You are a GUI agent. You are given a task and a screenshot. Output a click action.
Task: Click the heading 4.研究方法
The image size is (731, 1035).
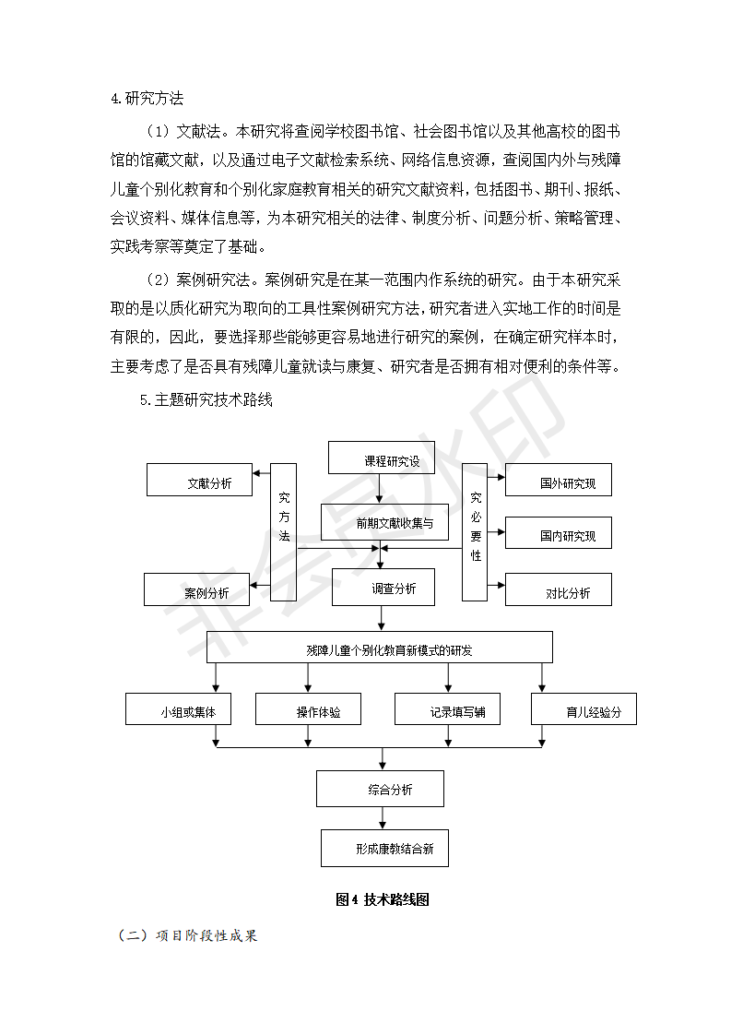tap(147, 99)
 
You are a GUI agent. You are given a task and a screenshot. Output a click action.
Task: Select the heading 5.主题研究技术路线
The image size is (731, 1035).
tap(206, 400)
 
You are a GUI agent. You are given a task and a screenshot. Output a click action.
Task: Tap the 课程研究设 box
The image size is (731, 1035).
tap(382, 458)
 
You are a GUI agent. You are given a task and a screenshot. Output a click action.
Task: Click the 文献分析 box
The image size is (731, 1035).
tap(199, 480)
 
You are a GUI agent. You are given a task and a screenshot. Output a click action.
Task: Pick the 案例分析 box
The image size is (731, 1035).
tap(196, 589)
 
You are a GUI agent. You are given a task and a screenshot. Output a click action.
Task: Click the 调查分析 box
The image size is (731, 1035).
tap(383, 588)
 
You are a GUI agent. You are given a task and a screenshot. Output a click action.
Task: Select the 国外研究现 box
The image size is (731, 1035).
tap(558, 480)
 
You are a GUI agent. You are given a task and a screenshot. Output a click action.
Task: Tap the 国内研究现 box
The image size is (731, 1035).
tap(558, 532)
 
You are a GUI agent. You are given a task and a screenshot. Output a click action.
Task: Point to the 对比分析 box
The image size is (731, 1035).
tap(558, 589)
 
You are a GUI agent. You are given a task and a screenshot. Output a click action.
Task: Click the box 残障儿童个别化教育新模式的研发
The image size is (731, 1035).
tap(380, 648)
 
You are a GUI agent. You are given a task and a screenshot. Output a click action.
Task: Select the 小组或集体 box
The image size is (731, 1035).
tap(178, 709)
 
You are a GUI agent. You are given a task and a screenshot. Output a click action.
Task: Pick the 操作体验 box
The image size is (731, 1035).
tap(308, 709)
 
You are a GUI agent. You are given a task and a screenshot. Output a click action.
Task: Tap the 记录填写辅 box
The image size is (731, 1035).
tap(447, 709)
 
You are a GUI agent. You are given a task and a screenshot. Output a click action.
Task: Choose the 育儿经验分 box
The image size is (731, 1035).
tap(584, 709)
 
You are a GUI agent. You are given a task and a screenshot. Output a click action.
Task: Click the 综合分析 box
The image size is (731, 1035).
tap(380, 789)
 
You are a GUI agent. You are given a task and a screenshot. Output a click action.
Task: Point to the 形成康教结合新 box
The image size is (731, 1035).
tap(384, 848)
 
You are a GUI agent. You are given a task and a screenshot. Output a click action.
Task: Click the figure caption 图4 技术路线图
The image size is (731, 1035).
tap(383, 899)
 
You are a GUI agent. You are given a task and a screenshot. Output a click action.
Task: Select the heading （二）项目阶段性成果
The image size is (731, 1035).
tap(187, 935)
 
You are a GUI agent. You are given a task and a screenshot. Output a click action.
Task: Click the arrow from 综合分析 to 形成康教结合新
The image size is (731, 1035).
tap(383, 818)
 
